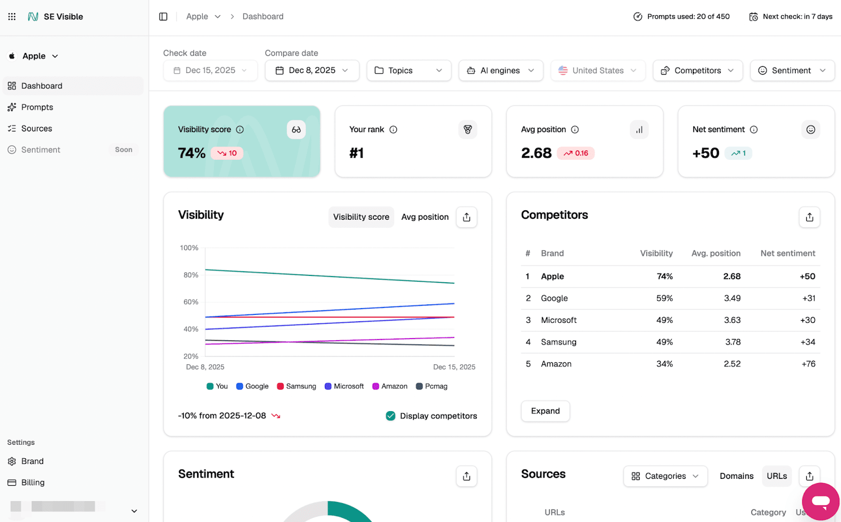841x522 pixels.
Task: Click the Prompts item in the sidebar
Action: (37, 107)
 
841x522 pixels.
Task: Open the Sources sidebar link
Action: (36, 128)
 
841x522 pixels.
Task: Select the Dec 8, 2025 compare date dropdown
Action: (312, 70)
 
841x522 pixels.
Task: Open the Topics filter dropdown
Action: (408, 70)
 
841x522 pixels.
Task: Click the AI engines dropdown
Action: (500, 70)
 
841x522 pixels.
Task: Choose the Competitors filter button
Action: (697, 70)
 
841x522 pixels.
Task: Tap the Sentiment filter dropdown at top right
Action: (792, 70)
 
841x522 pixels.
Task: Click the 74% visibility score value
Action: (192, 153)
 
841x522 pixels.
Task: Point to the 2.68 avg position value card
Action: (536, 153)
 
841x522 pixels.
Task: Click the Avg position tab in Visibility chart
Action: (425, 217)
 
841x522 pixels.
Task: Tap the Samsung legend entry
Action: (296, 386)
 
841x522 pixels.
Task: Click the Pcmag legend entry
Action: (432, 386)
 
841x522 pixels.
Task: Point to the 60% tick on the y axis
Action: (191, 302)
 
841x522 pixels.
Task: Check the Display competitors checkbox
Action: (391, 416)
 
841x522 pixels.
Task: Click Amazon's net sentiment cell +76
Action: (808, 364)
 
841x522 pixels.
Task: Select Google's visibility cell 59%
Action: (664, 298)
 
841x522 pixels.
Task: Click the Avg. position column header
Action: (715, 253)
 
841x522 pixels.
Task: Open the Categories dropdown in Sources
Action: (665, 476)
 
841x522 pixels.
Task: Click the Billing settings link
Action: (33, 483)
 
